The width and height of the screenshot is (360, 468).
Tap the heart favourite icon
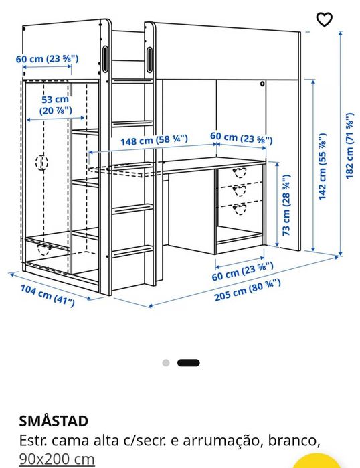tap(324, 19)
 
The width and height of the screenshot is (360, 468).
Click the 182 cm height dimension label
tap(349, 146)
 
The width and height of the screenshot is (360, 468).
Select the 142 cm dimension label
tap(323, 166)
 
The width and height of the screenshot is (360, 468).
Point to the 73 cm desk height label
tap(286, 205)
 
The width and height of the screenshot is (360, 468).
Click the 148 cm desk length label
tap(154, 140)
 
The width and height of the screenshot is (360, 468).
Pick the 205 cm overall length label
tap(248, 290)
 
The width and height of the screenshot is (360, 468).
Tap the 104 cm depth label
tap(48, 295)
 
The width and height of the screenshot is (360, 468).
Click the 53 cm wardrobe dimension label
tap(56, 105)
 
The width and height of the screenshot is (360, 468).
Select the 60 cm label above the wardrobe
tap(47, 58)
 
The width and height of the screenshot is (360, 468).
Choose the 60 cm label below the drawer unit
tap(242, 271)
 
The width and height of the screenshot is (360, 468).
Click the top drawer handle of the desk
tap(239, 173)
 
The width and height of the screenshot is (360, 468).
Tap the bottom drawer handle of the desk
tap(239, 209)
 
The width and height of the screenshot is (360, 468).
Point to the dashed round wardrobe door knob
tap(41, 163)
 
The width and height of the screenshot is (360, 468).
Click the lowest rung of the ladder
tap(131, 250)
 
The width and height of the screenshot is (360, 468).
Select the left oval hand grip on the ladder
tap(105, 59)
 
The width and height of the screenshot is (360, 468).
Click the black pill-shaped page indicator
tap(189, 363)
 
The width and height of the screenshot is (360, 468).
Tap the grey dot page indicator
tap(166, 363)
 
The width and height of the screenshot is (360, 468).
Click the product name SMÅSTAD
tap(54, 421)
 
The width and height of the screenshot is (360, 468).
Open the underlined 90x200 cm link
tap(57, 459)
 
